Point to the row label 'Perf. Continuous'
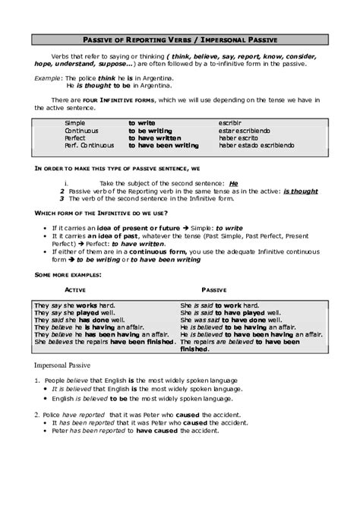[x=90, y=144]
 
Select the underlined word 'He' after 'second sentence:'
[x=233, y=184]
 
